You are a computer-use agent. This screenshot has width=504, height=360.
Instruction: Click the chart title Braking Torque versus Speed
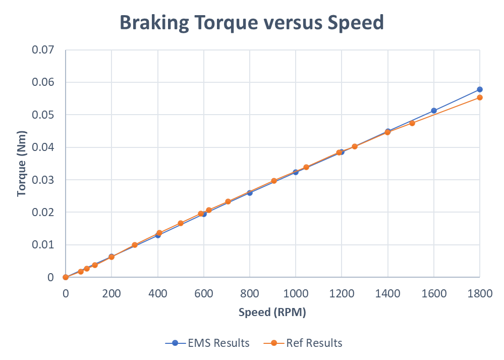coord(252,22)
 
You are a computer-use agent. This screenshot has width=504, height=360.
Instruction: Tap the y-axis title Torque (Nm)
coord(22,163)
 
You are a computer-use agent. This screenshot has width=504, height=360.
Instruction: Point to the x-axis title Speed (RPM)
coord(272,313)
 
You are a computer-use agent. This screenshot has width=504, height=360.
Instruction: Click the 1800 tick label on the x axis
coord(479,293)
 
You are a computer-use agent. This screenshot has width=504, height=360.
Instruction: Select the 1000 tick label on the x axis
coord(295,293)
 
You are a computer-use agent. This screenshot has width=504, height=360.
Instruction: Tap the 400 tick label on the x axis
coord(157,293)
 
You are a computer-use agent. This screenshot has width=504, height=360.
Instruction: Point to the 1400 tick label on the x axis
coord(387,293)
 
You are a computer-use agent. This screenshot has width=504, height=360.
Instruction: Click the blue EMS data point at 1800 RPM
coord(479,89)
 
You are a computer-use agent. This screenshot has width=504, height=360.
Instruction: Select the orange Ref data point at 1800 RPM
coord(479,97)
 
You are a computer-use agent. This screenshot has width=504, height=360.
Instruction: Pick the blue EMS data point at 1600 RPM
coord(433,111)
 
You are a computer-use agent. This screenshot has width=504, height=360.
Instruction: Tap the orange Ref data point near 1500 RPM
coord(412,123)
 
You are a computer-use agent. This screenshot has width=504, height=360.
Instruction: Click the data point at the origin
coord(66,277)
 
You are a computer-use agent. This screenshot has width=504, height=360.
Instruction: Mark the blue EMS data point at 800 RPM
coord(250,193)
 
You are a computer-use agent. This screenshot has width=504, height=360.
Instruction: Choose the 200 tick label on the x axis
coord(111,293)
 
